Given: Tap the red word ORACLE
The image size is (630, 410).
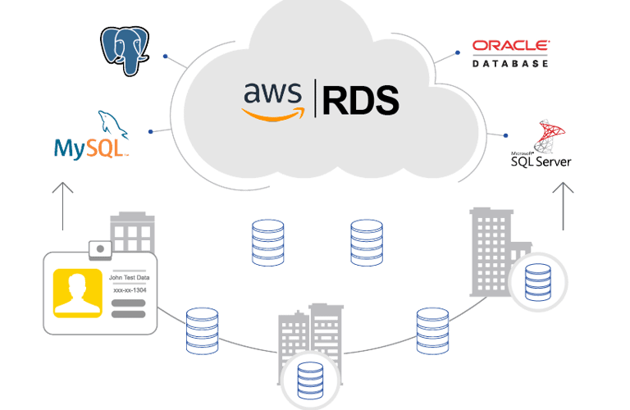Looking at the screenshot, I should click(510, 45).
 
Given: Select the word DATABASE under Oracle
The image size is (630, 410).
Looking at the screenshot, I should click(510, 61).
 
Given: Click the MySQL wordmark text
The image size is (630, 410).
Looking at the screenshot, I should click(90, 148).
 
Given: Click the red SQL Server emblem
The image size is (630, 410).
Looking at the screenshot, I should click(545, 135).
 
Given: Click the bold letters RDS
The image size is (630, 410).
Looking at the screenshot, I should click(360, 99).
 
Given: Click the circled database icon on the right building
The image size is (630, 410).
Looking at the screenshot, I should click(537, 280).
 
